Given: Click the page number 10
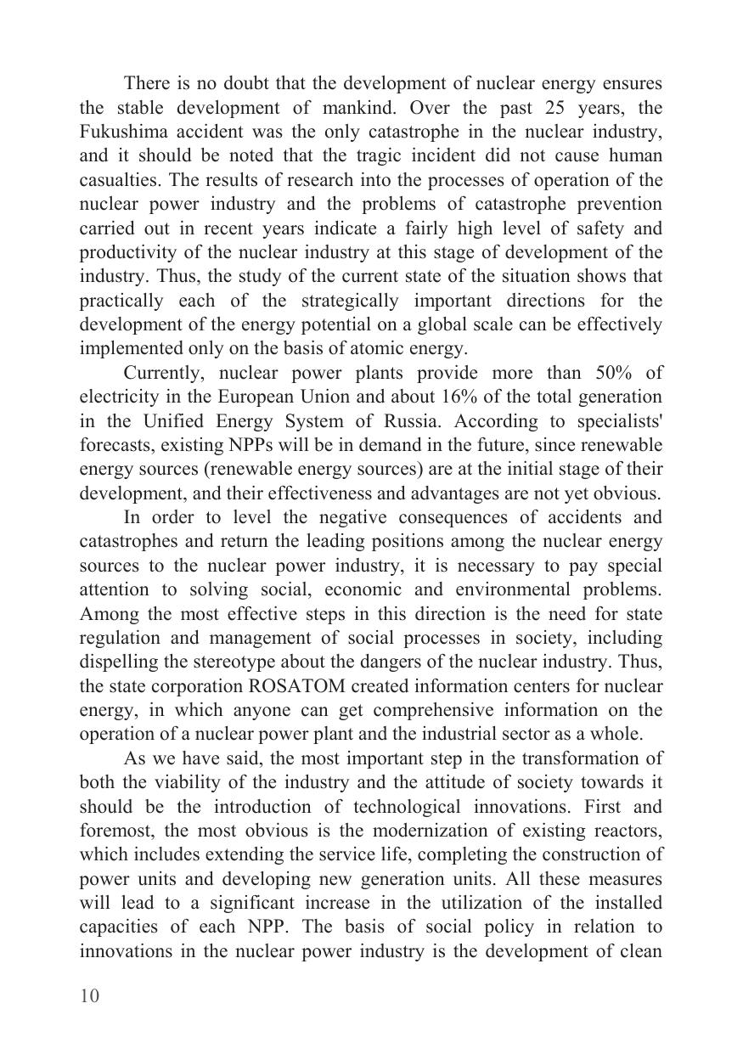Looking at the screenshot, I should (x=89, y=996).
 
